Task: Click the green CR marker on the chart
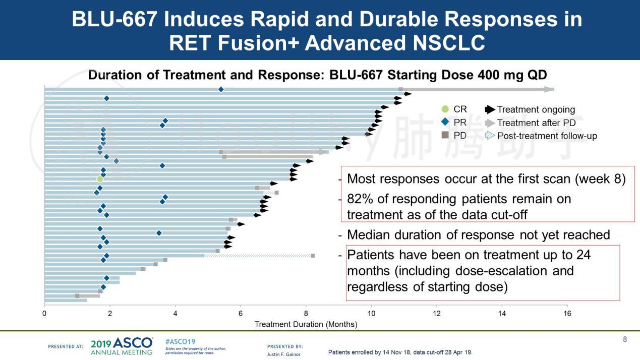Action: coord(100,179)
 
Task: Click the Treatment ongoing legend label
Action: coord(536,109)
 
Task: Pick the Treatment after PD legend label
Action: coord(536,123)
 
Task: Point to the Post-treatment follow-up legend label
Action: coord(547,136)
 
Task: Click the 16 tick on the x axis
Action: coord(567,314)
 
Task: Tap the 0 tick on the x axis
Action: coord(45,314)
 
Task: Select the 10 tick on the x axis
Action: coord(371,314)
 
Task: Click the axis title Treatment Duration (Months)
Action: coord(306,324)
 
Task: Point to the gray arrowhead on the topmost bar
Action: coord(549,89)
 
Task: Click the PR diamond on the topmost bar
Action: coord(220,89)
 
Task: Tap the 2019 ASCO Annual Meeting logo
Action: coord(121,346)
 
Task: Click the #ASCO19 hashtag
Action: coord(180,341)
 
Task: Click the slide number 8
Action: coord(625,339)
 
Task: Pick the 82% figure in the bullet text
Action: coord(361,199)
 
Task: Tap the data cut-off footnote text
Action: coord(400,352)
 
